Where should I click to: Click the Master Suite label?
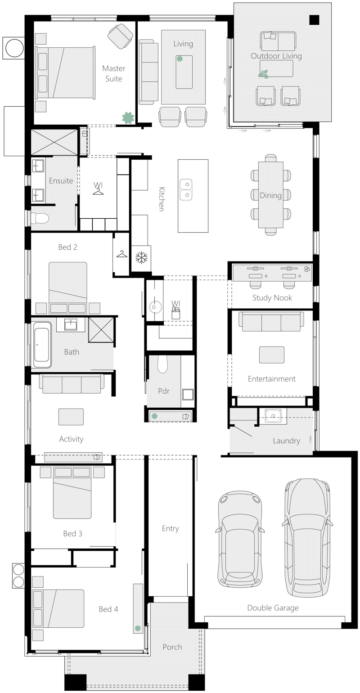tap(113, 73)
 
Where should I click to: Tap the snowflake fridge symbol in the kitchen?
tap(142, 258)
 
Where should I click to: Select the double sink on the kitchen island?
tap(186, 189)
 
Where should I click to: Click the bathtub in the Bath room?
tap(42, 345)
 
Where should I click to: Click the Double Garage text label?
tap(273, 608)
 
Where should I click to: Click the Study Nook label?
tap(272, 297)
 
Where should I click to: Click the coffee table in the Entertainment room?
tap(272, 355)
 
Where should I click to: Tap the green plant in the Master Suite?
tap(128, 117)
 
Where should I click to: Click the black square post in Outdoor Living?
tap(314, 20)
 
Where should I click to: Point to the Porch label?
tap(172, 647)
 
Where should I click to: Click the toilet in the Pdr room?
tap(162, 364)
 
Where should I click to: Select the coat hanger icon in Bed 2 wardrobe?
tap(121, 254)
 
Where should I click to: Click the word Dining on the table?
tap(270, 195)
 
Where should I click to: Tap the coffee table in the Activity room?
tap(71, 417)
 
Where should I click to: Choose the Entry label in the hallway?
tap(171, 528)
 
